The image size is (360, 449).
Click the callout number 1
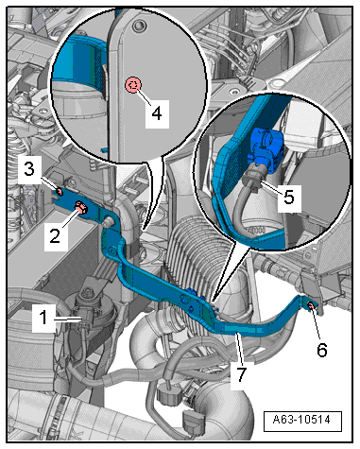pos(43,318)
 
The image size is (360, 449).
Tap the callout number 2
pos(55,234)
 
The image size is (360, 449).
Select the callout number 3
pos(29,169)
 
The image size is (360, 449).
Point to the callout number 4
pos(157,112)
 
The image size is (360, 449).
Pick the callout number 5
pos(289,197)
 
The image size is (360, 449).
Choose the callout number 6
pos(321,350)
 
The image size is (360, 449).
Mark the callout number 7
pos(241,373)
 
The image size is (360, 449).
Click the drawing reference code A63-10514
pos(301,420)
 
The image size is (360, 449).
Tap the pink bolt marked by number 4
pos(133,85)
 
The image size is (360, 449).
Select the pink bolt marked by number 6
pos(310,304)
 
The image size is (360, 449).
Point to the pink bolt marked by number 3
pos(59,191)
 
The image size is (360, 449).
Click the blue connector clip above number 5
pos(266,147)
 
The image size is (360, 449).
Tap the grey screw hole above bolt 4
pos(138,26)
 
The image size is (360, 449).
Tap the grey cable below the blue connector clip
pos(249,208)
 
